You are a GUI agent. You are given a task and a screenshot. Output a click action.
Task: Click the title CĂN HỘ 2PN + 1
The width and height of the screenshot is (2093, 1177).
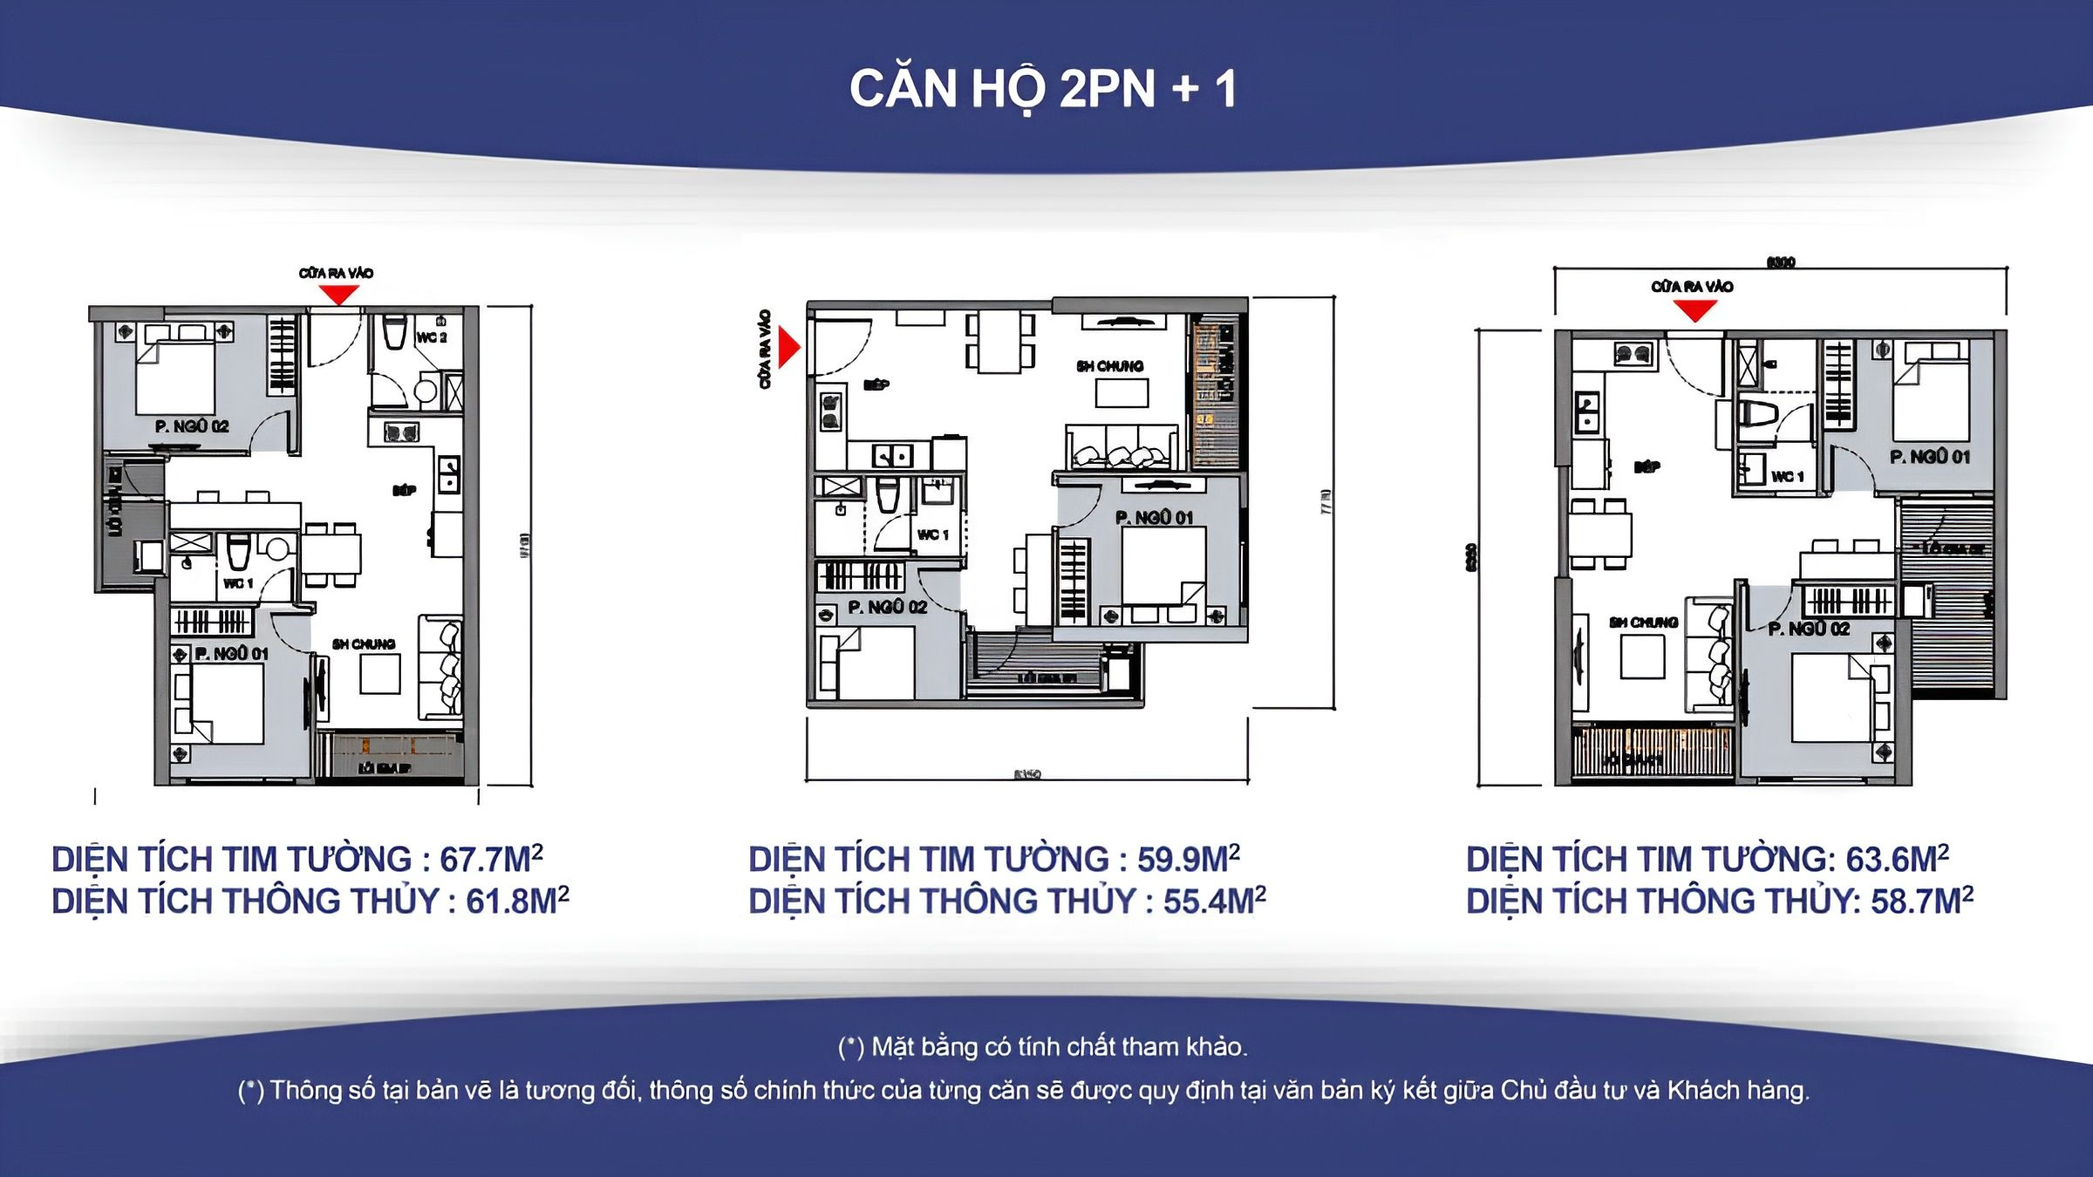click(x=1043, y=89)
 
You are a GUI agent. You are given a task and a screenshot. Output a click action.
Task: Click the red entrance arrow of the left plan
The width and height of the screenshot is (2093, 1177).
click(x=338, y=295)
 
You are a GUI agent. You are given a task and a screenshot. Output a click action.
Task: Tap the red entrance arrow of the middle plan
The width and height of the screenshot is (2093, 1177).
click(x=788, y=347)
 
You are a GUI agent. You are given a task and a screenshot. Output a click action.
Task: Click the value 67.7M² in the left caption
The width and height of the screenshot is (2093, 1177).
click(x=491, y=860)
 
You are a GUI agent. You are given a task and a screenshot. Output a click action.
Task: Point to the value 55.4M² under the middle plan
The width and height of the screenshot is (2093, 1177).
click(x=1214, y=901)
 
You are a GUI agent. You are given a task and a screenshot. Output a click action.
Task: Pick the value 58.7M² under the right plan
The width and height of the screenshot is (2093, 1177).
click(x=1921, y=901)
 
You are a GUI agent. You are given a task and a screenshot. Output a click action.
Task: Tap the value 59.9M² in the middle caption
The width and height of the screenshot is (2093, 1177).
click(x=1188, y=860)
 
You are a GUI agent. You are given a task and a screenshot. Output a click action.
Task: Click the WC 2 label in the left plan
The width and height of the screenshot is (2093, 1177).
click(x=432, y=337)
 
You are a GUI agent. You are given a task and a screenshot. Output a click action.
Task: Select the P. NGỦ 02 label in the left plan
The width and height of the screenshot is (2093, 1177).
click(x=192, y=426)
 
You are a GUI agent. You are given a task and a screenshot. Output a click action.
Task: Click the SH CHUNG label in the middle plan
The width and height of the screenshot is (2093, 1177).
click(x=1109, y=366)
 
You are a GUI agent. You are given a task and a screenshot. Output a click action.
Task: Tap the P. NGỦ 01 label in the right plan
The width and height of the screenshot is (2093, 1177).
click(x=1929, y=457)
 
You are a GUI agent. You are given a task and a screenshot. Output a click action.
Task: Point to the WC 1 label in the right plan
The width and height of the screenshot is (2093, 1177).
click(x=1787, y=476)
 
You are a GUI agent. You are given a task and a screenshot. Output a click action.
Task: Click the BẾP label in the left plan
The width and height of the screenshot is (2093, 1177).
click(x=404, y=491)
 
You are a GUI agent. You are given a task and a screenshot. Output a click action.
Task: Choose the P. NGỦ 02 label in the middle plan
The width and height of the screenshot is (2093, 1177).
click(x=887, y=607)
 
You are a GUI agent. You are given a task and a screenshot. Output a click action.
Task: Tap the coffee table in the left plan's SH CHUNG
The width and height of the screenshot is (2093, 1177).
click(x=380, y=673)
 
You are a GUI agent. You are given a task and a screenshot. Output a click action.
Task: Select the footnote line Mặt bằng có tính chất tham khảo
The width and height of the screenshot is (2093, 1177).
click(x=1043, y=1046)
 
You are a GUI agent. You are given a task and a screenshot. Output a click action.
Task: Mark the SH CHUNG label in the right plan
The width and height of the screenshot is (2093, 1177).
click(x=1643, y=623)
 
